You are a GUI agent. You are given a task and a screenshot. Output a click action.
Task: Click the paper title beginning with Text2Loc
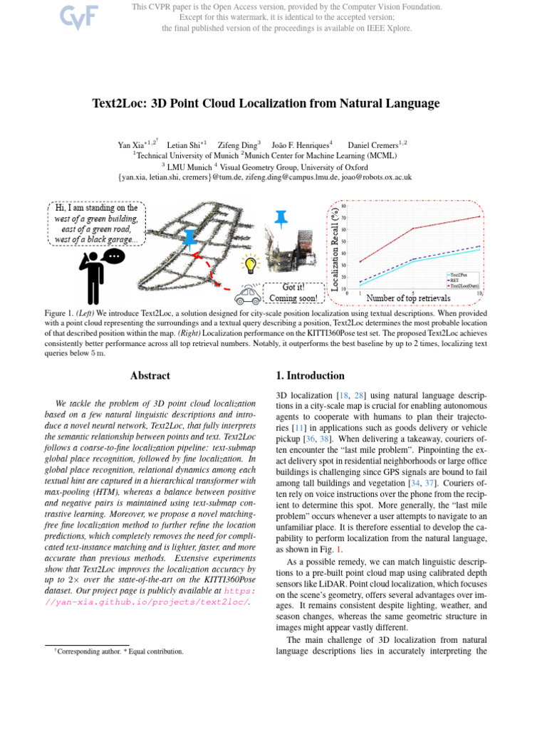[266, 104]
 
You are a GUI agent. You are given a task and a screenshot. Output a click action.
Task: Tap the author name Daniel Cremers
[377, 145]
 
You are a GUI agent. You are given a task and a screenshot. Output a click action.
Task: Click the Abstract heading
[150, 376]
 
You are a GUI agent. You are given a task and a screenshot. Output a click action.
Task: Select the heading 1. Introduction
[310, 376]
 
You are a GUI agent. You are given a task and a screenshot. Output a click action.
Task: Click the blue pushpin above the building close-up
[282, 218]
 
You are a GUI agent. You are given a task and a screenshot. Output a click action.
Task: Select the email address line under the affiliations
[265, 177]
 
